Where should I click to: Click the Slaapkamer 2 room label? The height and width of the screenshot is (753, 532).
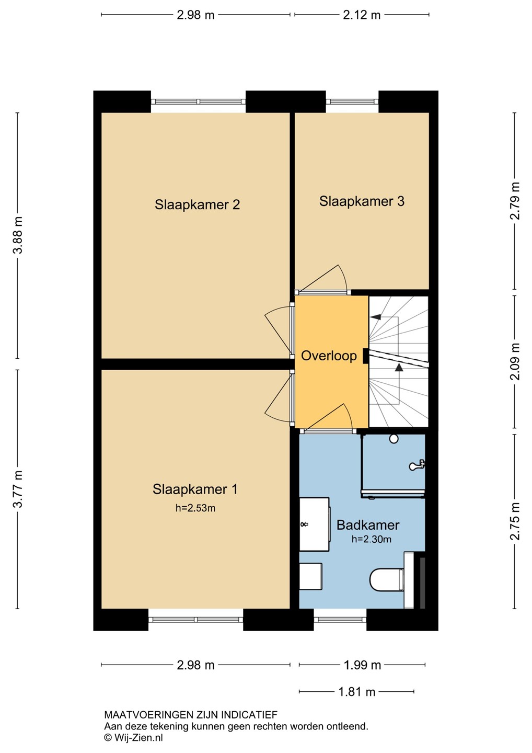click(x=197, y=205)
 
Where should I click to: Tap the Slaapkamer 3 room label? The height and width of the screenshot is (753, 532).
click(x=362, y=201)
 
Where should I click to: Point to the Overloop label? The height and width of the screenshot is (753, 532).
click(x=329, y=356)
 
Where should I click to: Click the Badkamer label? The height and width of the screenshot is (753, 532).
click(x=368, y=525)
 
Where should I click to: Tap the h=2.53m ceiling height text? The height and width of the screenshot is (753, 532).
click(x=195, y=508)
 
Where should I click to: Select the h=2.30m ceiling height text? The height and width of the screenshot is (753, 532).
click(x=372, y=539)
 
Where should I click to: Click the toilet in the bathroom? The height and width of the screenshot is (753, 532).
click(x=387, y=579)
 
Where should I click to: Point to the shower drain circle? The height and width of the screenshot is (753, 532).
click(x=394, y=439)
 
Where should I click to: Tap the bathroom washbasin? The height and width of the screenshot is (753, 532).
click(x=314, y=524)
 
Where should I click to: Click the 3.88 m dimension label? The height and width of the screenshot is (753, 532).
click(x=17, y=235)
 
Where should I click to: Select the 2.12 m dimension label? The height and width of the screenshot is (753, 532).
click(x=362, y=15)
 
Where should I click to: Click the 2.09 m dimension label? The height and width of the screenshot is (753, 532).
click(x=515, y=362)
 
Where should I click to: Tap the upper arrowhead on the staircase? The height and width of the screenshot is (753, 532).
click(x=376, y=316)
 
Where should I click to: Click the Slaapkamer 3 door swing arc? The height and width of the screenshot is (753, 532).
click(x=343, y=277)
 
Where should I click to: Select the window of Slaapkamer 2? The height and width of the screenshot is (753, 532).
click(x=198, y=101)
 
